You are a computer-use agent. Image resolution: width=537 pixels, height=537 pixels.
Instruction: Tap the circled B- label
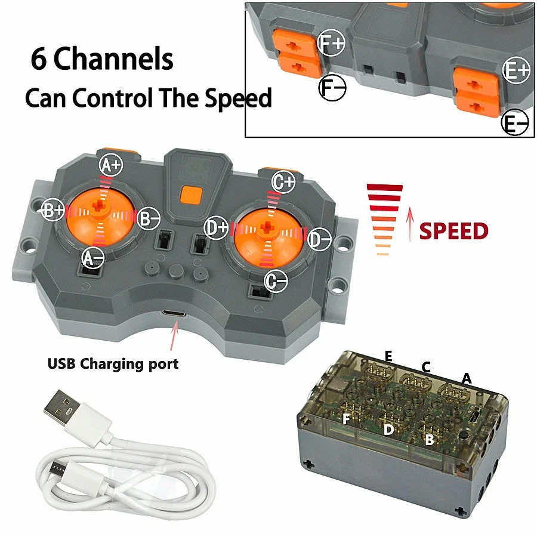[x=148, y=218]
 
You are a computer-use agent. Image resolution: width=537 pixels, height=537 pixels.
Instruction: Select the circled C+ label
[x=283, y=182]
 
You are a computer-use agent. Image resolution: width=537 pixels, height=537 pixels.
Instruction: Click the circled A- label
[x=93, y=257]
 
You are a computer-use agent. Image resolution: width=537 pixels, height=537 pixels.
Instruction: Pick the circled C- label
[x=276, y=279]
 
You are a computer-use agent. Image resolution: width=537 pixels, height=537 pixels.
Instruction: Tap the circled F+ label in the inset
[x=331, y=43]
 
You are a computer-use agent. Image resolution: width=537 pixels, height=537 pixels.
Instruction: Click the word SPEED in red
[x=453, y=231]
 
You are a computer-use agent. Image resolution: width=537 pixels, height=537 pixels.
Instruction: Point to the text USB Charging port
[x=113, y=363]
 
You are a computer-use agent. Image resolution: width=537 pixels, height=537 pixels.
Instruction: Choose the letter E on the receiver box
[x=388, y=357]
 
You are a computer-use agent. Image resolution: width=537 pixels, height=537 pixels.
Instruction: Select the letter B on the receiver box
[x=428, y=440]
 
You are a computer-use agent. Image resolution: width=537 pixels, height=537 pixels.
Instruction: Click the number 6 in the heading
[x=38, y=60]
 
